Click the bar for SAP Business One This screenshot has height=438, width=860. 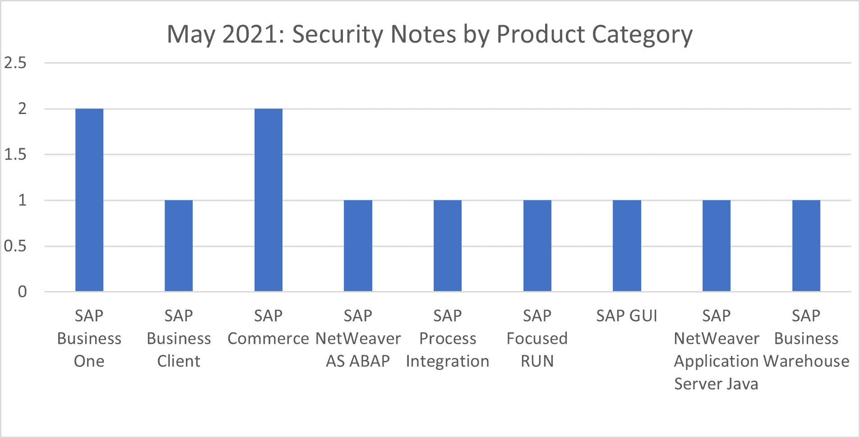[x=89, y=200]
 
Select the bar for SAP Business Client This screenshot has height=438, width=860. [x=179, y=246]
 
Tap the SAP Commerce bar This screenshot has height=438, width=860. [x=268, y=200]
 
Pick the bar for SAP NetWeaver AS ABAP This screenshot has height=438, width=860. [x=358, y=246]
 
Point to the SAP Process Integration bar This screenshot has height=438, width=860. [x=448, y=246]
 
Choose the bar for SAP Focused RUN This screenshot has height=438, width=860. [x=537, y=246]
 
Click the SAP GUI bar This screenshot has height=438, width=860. [x=627, y=246]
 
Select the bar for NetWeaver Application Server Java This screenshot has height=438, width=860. [x=717, y=246]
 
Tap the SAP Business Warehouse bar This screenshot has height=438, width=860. [x=806, y=246]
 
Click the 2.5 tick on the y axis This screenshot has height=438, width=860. [x=15, y=63]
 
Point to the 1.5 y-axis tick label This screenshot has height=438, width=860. [x=15, y=155]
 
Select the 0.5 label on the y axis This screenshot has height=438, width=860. [x=15, y=246]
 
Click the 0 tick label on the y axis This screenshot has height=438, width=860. [x=22, y=292]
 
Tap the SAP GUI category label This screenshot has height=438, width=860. [x=627, y=316]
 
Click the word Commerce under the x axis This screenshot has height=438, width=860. [x=268, y=338]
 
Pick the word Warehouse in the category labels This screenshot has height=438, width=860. [x=806, y=361]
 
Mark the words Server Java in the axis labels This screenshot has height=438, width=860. [x=716, y=384]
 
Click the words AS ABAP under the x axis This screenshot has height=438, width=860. [x=358, y=361]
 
